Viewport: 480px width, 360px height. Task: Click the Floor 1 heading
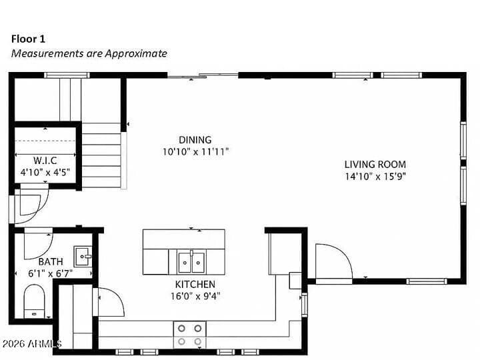coord(28,39)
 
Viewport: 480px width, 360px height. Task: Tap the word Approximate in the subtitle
coord(136,53)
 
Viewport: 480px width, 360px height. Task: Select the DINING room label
coord(195,140)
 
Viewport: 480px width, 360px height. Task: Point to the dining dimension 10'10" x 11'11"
coord(195,152)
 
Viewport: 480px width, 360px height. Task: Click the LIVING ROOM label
coord(375,165)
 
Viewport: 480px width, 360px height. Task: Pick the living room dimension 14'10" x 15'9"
coord(375,177)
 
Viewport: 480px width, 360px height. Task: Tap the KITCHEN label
coord(195,285)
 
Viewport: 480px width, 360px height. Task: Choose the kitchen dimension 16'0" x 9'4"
coord(195,296)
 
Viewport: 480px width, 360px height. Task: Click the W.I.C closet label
coord(45,161)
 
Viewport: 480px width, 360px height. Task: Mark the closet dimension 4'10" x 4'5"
coord(45,172)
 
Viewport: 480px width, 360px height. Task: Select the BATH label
coord(51,262)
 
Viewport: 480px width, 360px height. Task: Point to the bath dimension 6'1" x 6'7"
coord(51,273)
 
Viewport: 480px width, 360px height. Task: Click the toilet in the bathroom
coord(34,301)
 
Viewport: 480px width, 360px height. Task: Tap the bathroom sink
coord(83,256)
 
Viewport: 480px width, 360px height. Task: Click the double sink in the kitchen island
coord(191,263)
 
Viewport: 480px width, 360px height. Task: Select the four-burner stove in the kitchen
coord(190,335)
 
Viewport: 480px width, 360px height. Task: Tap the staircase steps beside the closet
coord(101,155)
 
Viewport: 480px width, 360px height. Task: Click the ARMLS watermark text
coord(31,343)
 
